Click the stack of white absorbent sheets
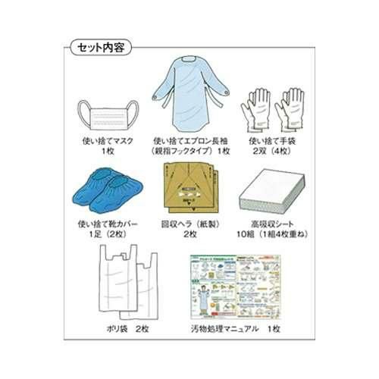[271, 190]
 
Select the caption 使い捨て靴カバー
[109, 224]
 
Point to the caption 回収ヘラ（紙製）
[189, 224]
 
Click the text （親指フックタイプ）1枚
[191, 152]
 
